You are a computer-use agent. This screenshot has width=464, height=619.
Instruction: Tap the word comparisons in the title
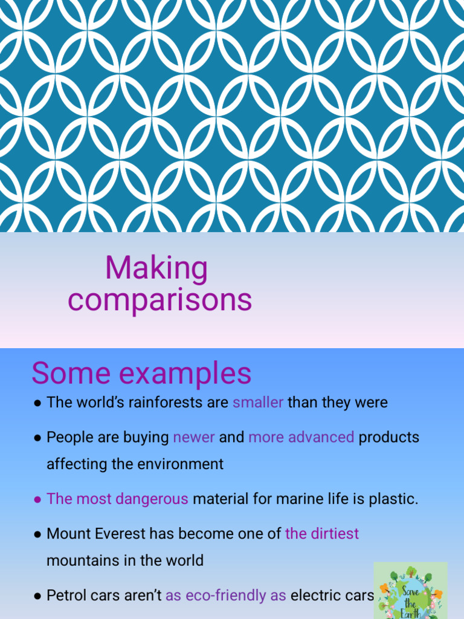point(159,300)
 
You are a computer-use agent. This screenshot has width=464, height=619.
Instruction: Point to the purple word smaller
point(258,403)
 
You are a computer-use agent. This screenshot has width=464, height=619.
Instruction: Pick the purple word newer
point(194,437)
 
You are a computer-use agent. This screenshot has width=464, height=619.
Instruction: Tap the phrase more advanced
point(301,437)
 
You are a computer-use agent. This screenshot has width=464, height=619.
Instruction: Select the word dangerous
point(152,499)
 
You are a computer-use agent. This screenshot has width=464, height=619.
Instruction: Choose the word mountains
point(83,560)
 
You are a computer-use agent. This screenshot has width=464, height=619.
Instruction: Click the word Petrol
point(65,595)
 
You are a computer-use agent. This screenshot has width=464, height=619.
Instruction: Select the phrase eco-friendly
point(225,595)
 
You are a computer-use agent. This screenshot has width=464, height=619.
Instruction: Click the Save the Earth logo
point(410,591)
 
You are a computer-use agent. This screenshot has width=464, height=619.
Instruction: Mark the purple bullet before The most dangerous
point(37,500)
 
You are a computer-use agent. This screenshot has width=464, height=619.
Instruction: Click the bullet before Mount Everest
point(37,534)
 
